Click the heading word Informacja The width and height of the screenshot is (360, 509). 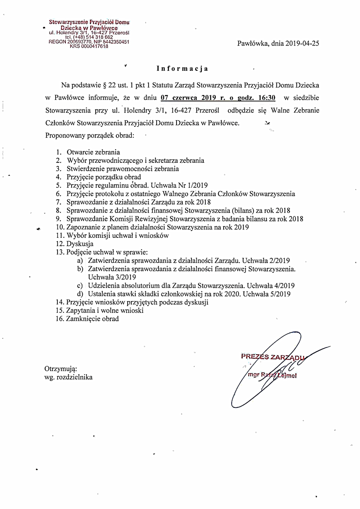coord(182,69)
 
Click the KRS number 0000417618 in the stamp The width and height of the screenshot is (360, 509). coord(94,46)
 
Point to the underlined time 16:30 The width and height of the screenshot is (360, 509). coord(267,98)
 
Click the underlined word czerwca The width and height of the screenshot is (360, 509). coord(185,98)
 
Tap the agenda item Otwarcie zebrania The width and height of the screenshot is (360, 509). coord(93,152)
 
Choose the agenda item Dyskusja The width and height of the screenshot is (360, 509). coord(80,244)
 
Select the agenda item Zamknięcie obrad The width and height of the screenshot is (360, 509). coord(92,319)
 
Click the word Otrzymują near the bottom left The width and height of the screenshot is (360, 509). coord(61,368)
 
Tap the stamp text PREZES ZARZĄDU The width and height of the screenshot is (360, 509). coord(272,357)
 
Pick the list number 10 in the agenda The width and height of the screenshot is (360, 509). coord(59,227)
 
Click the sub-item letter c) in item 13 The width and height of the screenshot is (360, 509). coord(80,286)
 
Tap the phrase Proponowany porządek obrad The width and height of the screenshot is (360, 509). coord(90,135)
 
